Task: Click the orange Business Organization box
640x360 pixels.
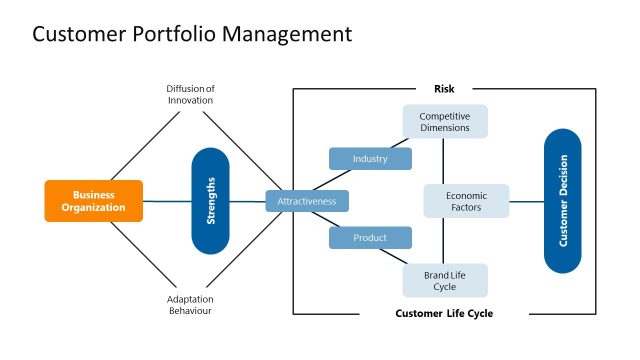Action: (94, 201)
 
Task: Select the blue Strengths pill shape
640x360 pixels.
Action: (210, 201)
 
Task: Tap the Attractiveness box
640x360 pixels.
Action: (307, 201)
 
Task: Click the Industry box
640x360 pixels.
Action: (370, 159)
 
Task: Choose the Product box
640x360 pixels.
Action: (370, 238)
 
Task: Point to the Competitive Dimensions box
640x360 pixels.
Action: (445, 122)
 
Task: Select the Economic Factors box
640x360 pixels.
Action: (465, 201)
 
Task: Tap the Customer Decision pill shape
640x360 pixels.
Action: (562, 201)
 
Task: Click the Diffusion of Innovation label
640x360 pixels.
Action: (189, 93)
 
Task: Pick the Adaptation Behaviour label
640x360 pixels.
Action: (189, 304)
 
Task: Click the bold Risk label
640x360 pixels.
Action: (444, 89)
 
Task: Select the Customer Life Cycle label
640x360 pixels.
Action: (444, 314)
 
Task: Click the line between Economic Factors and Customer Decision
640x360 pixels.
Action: (527, 201)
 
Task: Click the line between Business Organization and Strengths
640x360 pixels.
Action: (166, 201)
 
